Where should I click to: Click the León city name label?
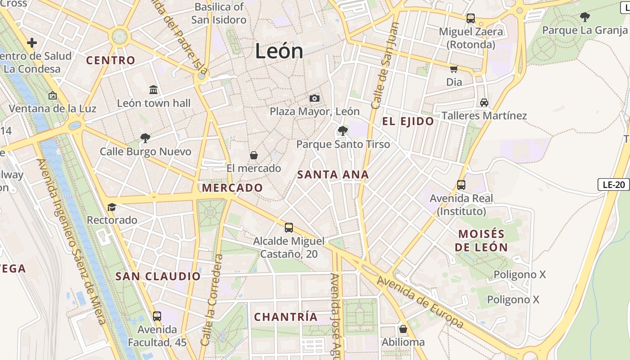(279, 51)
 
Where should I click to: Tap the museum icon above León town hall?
(153, 90)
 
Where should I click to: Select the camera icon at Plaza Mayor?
(315, 98)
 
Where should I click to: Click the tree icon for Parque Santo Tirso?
(343, 131)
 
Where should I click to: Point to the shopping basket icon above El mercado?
(254, 155)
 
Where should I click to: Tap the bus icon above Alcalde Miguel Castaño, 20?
(289, 228)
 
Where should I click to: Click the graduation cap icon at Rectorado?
(112, 207)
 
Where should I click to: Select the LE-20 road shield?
(613, 184)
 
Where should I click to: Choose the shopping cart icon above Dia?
(454, 69)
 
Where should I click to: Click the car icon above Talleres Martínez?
(484, 103)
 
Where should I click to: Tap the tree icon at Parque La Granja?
(585, 17)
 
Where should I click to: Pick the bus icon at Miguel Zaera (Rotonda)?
(471, 18)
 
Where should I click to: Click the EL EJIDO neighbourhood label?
(408, 121)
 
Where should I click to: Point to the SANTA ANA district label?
(333, 175)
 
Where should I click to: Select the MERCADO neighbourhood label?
(233, 188)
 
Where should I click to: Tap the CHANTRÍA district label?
(286, 317)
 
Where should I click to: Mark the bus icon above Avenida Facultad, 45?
(157, 316)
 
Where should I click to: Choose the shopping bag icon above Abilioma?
(403, 329)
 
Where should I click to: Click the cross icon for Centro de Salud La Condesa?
(32, 43)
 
